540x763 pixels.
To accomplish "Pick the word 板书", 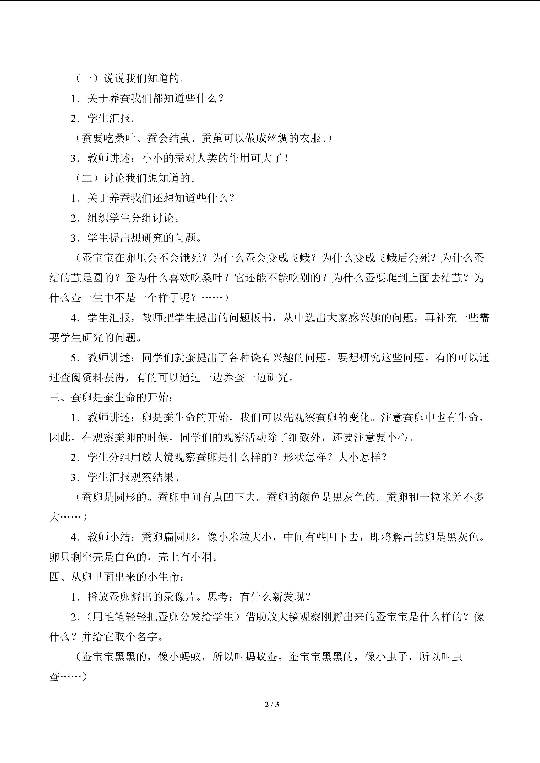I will [x=261, y=318].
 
